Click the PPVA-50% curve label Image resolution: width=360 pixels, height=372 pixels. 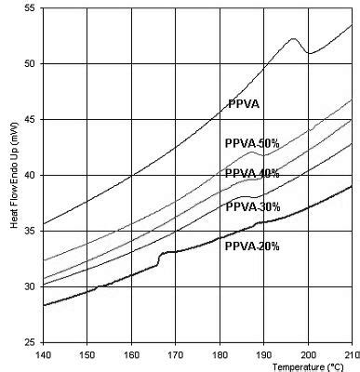251,144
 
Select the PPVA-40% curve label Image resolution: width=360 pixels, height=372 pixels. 251,174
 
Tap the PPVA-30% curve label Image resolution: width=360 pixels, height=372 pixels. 252,206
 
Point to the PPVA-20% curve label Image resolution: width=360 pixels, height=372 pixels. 252,246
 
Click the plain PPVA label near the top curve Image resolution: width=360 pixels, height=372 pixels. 243,104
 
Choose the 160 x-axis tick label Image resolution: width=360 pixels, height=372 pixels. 131,354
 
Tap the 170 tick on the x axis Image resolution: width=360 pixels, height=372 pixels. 176,354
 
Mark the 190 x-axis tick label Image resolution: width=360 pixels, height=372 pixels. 263,354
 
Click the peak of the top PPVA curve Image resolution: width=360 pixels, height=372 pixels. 293,39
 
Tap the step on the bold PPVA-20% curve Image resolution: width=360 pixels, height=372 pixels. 160,258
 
